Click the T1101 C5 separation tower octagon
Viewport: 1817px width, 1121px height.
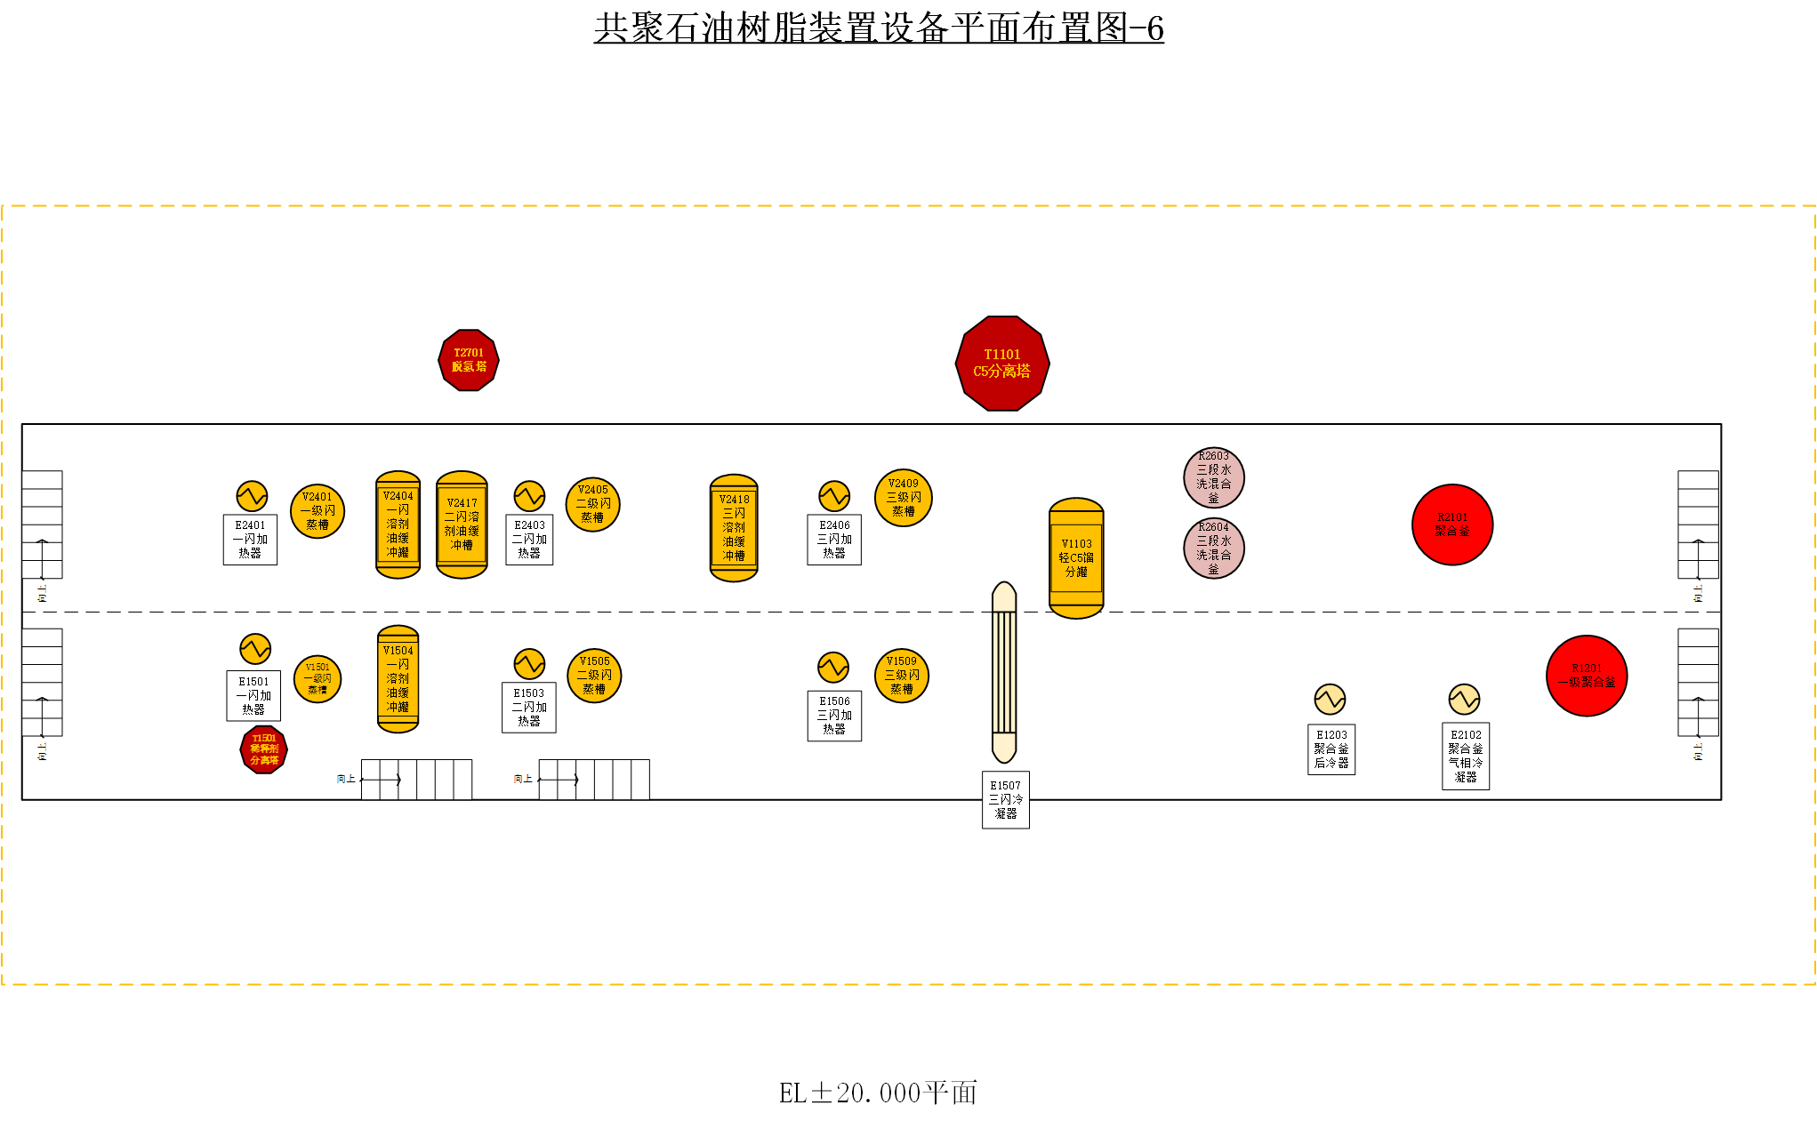point(1002,364)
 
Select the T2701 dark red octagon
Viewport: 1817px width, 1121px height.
point(469,360)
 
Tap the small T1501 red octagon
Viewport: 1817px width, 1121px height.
point(264,749)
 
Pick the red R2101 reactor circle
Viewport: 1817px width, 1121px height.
point(1452,524)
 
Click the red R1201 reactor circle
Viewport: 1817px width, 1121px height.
point(1587,676)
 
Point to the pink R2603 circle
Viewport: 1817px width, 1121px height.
point(1214,477)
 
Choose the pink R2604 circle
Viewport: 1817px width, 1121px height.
point(1214,548)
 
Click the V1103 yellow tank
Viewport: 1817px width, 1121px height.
point(1076,558)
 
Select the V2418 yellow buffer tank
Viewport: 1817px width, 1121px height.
point(734,528)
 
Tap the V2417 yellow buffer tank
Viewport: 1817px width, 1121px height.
point(462,524)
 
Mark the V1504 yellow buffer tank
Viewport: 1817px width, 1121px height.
point(398,679)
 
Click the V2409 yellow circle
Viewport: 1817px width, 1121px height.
point(904,498)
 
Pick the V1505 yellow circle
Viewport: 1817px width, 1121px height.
point(594,676)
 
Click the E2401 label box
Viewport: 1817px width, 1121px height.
point(250,540)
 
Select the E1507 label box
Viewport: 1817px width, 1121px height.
point(1006,800)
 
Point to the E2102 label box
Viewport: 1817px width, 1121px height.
point(1466,757)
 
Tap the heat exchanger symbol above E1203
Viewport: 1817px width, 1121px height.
point(1330,700)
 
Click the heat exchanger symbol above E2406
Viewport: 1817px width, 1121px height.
point(834,496)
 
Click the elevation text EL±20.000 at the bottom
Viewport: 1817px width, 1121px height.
point(878,1093)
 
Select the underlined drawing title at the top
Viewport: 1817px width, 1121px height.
point(879,28)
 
